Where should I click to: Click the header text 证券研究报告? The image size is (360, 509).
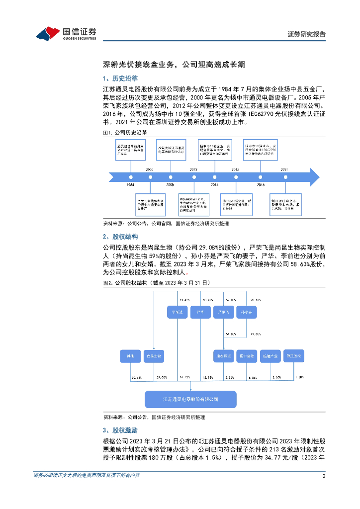307,34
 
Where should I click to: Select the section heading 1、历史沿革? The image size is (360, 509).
120,79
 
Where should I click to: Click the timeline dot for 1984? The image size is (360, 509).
130,176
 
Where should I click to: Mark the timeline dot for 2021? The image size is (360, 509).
284,176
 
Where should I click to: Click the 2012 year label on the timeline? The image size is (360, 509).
194,170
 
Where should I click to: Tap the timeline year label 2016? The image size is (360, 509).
261,184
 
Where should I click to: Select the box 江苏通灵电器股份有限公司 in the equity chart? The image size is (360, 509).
190,399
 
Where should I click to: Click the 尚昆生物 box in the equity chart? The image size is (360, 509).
153,356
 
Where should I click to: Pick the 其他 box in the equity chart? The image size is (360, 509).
130,356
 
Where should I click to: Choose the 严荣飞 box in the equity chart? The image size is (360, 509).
223,313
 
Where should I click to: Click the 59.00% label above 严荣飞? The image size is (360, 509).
230,300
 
